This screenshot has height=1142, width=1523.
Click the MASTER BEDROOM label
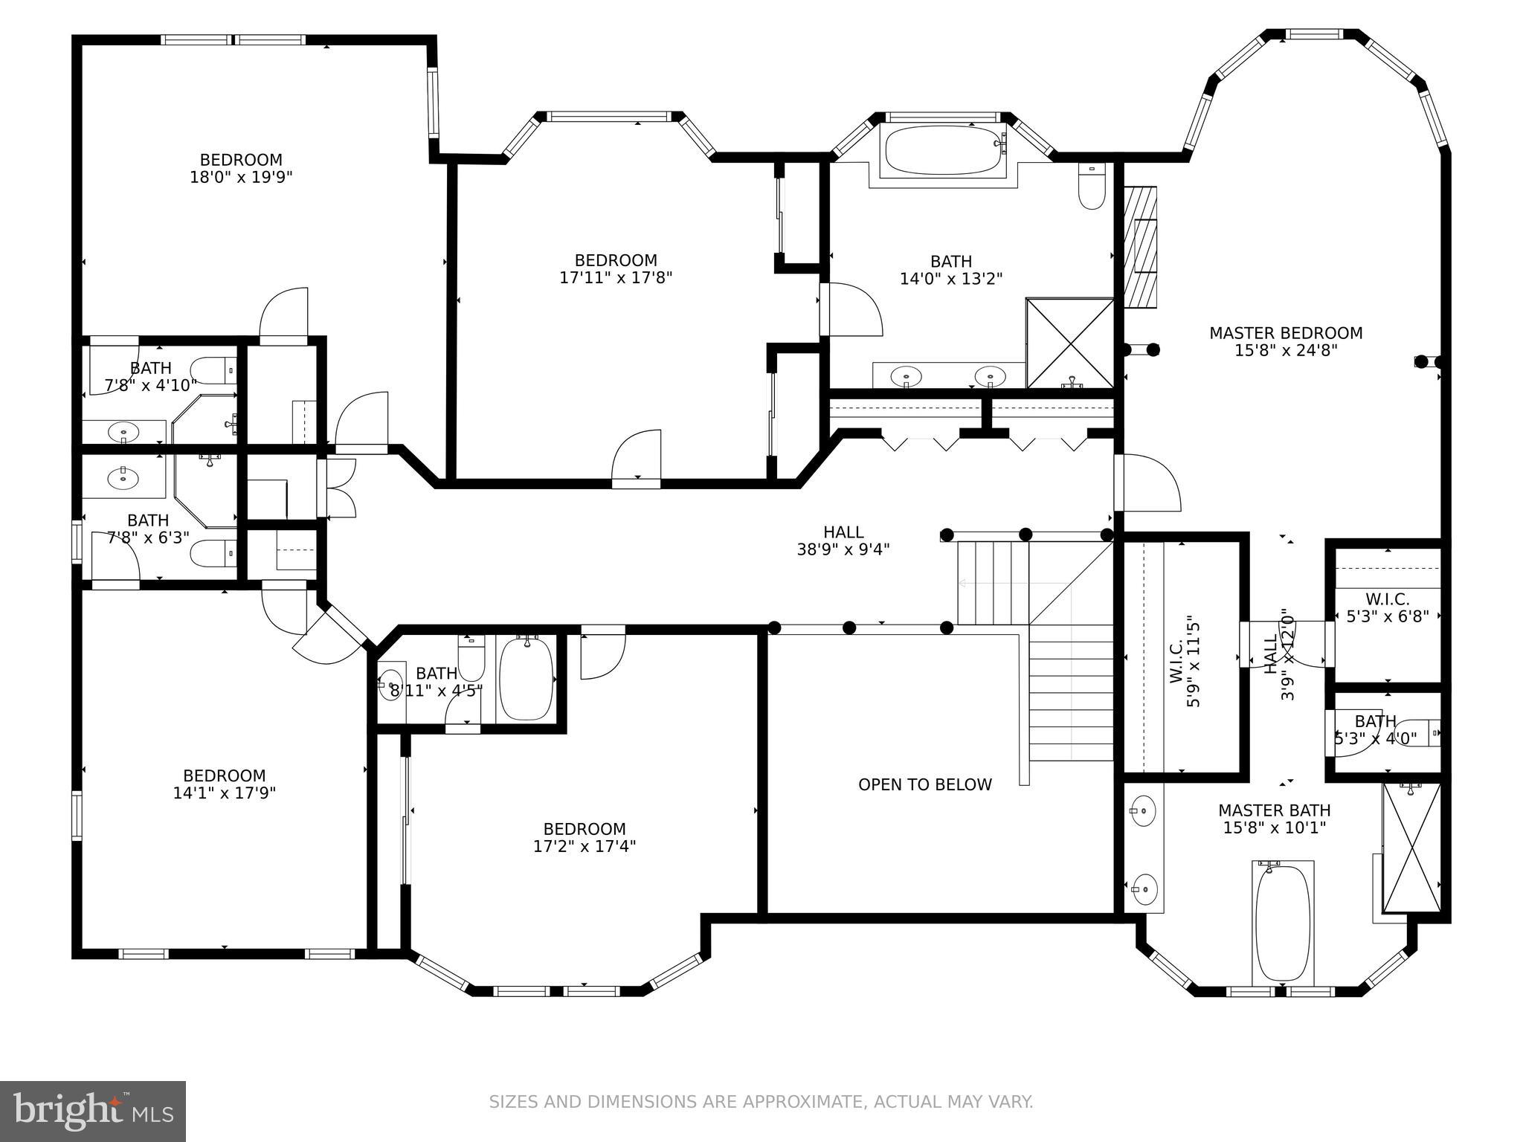(1286, 333)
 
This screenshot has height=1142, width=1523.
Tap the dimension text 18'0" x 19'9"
(241, 178)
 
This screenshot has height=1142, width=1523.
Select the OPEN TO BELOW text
(924, 785)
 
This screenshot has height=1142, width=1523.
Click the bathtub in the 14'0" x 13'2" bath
(943, 149)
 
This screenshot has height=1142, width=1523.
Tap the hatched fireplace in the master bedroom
(1141, 247)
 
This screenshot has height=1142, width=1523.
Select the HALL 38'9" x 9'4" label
(843, 541)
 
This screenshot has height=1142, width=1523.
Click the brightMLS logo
(93, 1111)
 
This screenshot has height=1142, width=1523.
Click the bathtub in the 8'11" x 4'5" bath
(527, 679)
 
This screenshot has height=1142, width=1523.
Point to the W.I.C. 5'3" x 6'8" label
(1388, 607)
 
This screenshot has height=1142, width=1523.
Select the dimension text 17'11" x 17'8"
(616, 278)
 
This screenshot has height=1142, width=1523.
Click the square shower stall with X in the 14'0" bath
(1069, 343)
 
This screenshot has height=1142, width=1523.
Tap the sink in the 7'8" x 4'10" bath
(123, 431)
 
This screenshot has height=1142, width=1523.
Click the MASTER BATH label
(1274, 810)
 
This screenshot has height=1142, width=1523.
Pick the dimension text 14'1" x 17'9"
(225, 793)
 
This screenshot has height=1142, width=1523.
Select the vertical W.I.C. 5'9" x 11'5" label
(1184, 661)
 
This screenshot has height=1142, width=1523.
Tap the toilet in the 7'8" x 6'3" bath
(212, 553)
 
